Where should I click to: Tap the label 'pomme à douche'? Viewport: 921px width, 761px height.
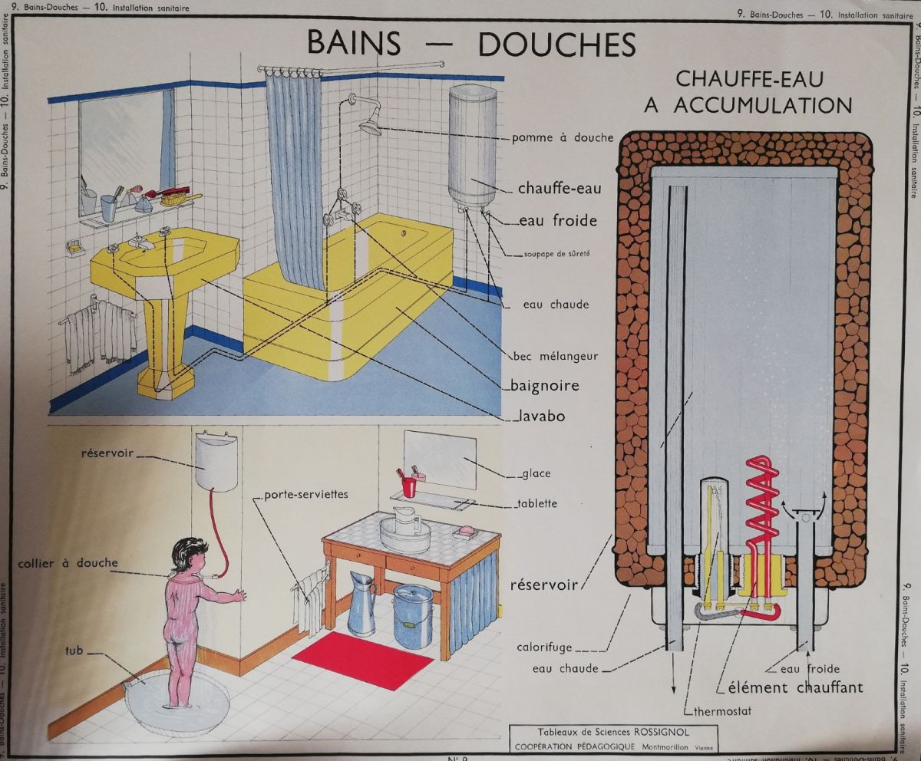point(563,137)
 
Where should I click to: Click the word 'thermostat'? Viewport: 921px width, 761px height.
point(722,711)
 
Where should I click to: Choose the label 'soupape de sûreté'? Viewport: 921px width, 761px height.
point(556,254)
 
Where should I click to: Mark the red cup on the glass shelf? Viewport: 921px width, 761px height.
point(409,486)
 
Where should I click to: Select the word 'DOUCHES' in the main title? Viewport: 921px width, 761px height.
point(557,44)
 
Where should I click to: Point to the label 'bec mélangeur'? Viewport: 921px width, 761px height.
point(556,356)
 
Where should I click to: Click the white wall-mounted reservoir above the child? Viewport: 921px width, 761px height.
point(216,462)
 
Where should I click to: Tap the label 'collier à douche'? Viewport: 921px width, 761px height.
point(68,563)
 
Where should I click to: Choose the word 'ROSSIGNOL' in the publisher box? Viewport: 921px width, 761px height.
point(661,733)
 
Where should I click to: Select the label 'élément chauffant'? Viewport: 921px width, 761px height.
point(795,687)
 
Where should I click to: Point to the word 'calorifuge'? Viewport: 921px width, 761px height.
point(544,647)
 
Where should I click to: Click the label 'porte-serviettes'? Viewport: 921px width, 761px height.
point(306,495)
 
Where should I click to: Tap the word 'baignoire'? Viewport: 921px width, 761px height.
point(545,385)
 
